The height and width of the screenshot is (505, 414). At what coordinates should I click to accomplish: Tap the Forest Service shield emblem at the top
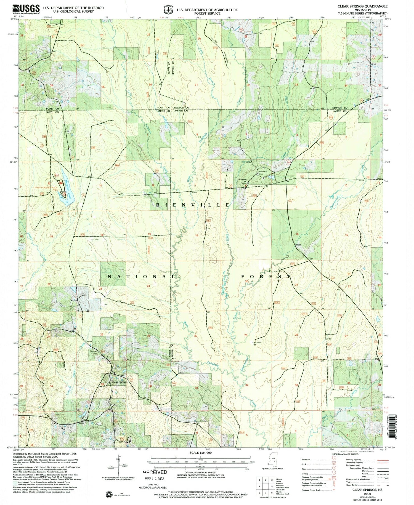[x=167, y=10]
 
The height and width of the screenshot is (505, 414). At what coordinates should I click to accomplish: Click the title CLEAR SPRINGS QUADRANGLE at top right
[x=362, y=6]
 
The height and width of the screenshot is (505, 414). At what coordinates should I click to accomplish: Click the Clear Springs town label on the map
[x=119, y=382]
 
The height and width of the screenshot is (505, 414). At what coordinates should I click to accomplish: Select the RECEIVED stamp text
[x=155, y=472]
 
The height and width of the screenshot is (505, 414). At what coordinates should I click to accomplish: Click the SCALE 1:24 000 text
[x=201, y=453]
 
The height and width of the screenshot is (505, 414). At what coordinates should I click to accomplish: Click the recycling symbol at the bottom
[x=109, y=494]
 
